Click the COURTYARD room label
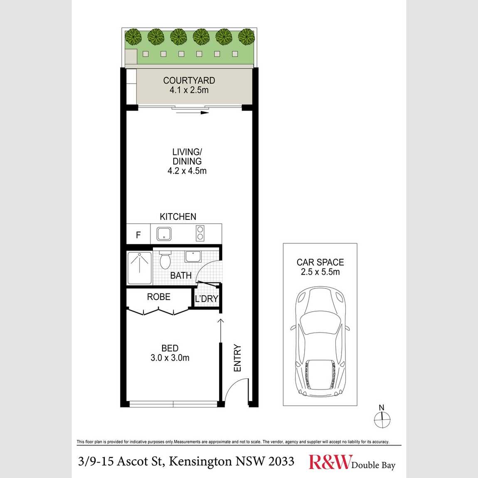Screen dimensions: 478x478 (x=189, y=81)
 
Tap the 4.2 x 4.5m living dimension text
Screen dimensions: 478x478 (x=187, y=171)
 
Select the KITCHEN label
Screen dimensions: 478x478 (x=178, y=217)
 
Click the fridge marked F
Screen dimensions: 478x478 (x=138, y=235)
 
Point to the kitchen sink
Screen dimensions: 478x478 (x=164, y=234)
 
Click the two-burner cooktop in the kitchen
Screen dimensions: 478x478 (x=200, y=234)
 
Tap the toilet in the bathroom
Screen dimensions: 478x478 (x=165, y=260)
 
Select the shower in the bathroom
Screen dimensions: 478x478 (x=139, y=269)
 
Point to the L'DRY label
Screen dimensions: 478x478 (x=206, y=299)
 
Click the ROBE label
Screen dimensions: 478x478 (x=158, y=297)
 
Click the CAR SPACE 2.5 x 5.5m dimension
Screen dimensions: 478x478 (x=320, y=272)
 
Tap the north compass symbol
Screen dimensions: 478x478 (x=382, y=419)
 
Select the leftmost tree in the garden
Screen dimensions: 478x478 (x=133, y=37)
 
